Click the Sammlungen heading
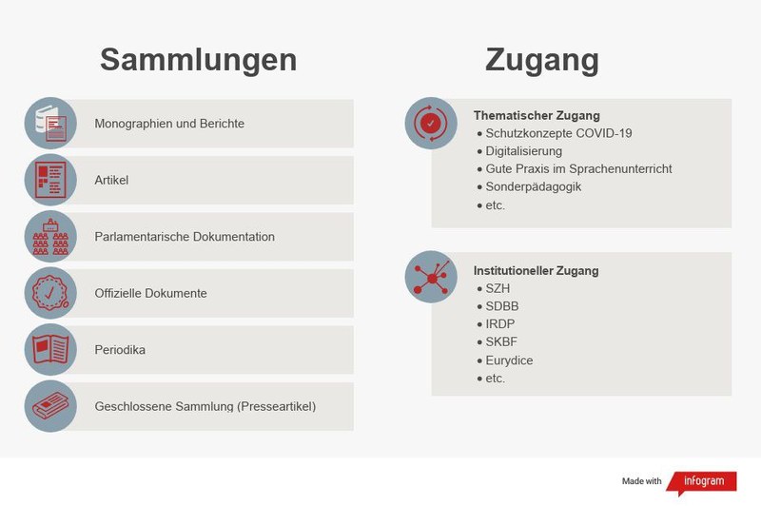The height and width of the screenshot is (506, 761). [x=198, y=59]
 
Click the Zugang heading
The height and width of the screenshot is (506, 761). [x=541, y=59]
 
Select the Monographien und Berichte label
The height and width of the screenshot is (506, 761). [x=169, y=124]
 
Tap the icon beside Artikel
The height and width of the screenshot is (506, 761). [x=50, y=180]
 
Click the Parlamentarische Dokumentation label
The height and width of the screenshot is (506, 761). [x=185, y=237]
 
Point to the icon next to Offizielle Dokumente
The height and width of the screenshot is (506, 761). [x=50, y=293]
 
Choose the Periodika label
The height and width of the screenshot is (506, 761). [x=120, y=350]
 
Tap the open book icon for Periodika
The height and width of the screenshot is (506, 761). [x=50, y=350]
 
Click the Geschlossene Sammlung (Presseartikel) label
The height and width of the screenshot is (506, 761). [x=205, y=406]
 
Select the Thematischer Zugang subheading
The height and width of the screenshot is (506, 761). [x=537, y=116]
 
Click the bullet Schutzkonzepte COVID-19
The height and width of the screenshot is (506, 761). [x=558, y=134]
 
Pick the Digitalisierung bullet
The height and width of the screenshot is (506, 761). [x=523, y=151]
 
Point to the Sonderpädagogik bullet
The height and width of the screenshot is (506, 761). [x=533, y=186]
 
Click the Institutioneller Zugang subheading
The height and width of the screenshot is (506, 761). [x=536, y=271]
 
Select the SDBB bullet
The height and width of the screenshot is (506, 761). [x=501, y=306]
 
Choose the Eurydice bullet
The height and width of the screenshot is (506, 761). [x=508, y=360]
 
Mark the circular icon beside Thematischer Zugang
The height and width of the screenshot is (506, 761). [x=431, y=123]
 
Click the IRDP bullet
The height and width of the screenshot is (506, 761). [x=499, y=324]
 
